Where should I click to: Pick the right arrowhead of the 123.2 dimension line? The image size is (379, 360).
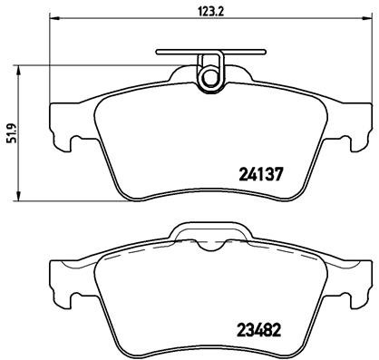[369, 19]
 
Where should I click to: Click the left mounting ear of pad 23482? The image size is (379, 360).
[61, 281]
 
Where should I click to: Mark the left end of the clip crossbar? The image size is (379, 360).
[157, 53]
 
